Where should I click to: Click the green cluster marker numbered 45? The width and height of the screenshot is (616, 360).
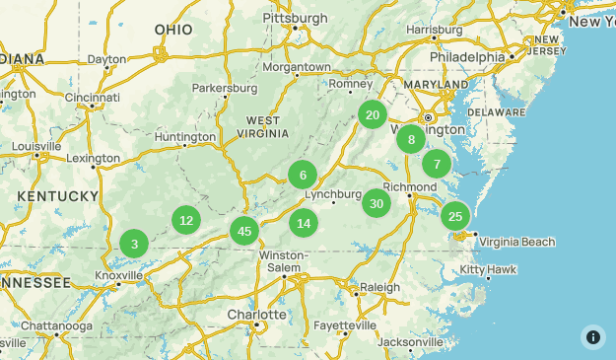pyautogui.click(x=244, y=232)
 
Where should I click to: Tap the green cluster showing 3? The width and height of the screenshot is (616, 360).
pyautogui.click(x=135, y=244)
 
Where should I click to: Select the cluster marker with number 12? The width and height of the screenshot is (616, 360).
pyautogui.click(x=186, y=220)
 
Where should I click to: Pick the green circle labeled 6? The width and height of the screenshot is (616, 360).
pyautogui.click(x=303, y=176)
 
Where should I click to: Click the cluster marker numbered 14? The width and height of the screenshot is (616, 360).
pyautogui.click(x=304, y=223)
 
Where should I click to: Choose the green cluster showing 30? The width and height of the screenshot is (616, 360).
pyautogui.click(x=376, y=204)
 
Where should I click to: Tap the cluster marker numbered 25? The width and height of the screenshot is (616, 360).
pyautogui.click(x=454, y=216)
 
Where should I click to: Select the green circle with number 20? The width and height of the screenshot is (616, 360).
pyautogui.click(x=373, y=114)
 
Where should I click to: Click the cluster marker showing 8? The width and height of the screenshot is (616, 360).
pyautogui.click(x=411, y=140)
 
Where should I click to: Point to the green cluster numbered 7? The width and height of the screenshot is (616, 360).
pyautogui.click(x=437, y=164)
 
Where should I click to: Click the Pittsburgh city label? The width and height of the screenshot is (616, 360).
pyautogui.click(x=295, y=18)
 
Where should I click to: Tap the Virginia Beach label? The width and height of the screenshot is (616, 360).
pyautogui.click(x=517, y=242)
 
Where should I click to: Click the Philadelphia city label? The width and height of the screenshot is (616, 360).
pyautogui.click(x=466, y=57)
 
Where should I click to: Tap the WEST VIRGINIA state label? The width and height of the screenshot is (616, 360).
pyautogui.click(x=261, y=126)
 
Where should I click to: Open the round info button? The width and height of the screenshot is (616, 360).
pyautogui.click(x=592, y=336)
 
